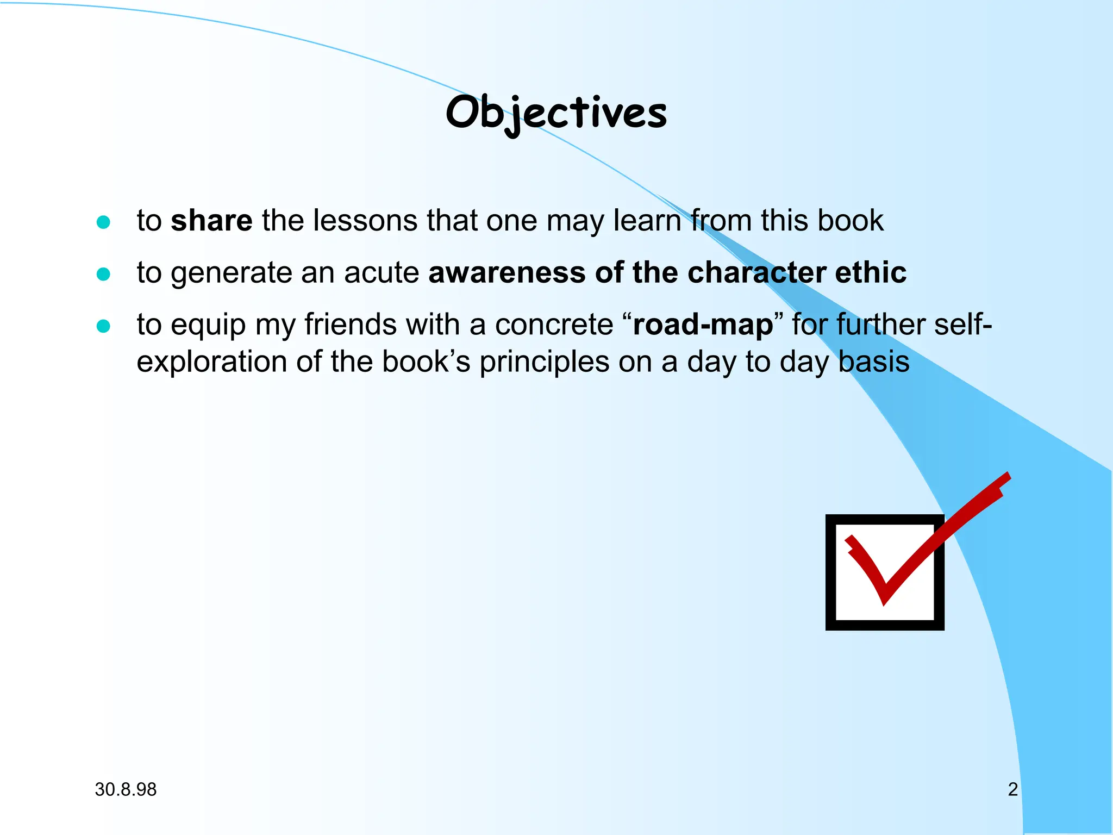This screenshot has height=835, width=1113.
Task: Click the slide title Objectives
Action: tap(556, 113)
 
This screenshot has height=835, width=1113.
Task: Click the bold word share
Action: tap(211, 221)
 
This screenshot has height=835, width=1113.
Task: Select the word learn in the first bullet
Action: tap(647, 221)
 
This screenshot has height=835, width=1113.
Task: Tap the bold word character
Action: tap(756, 272)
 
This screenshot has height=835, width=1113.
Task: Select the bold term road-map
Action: tap(703, 325)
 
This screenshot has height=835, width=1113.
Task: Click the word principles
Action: tap(544, 362)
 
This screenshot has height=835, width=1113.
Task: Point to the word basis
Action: tap(873, 362)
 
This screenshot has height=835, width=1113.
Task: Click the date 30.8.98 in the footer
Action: tap(126, 789)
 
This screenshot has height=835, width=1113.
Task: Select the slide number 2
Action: tap(1012, 789)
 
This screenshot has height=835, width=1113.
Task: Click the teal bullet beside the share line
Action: tap(103, 222)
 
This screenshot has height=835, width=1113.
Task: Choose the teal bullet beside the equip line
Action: tap(103, 326)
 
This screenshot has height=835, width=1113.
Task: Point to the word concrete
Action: tap(554, 325)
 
